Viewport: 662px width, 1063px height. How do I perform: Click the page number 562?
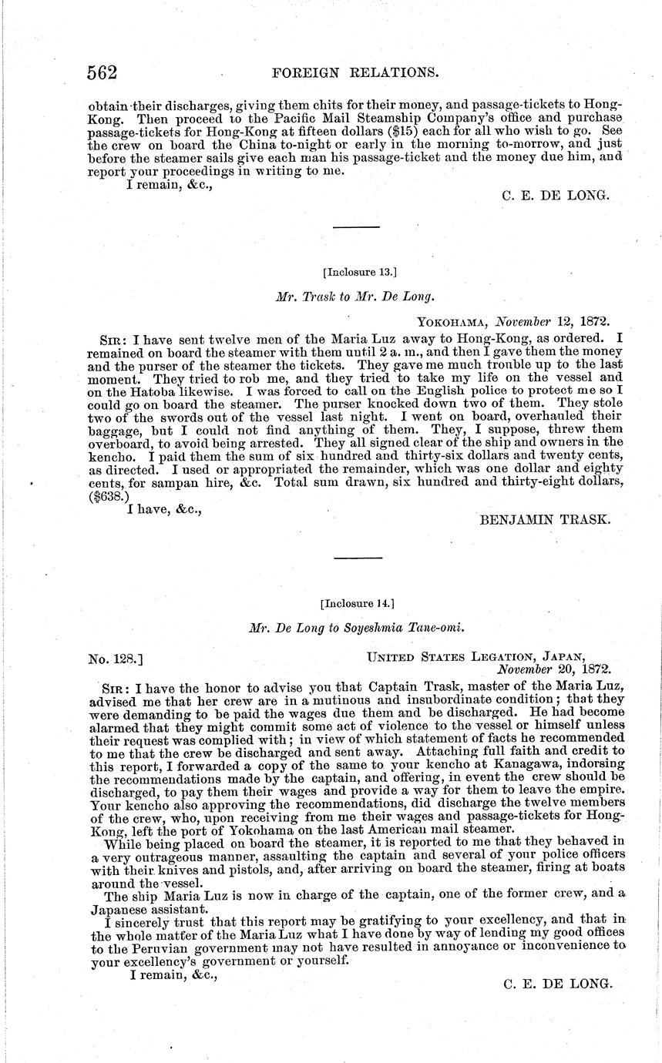[x=101, y=72]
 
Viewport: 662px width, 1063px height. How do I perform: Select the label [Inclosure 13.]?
[x=360, y=270]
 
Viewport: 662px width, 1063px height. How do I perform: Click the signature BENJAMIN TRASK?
[x=545, y=520]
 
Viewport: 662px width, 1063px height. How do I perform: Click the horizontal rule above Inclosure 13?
[x=356, y=227]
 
